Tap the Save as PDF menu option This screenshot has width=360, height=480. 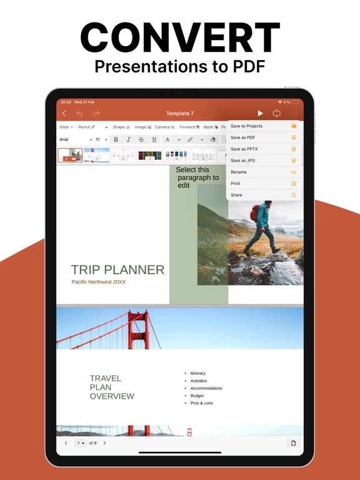coord(244,137)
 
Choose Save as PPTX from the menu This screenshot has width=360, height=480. coord(245,149)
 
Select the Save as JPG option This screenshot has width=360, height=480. coord(244,161)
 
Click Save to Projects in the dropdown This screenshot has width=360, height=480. coord(247,126)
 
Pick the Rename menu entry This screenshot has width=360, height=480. coord(239,172)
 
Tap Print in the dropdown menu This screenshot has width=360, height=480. coord(236,184)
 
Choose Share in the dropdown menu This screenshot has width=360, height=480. coord(237,195)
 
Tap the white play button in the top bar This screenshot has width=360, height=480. coord(261,114)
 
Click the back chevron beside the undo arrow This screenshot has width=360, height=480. coord(64,114)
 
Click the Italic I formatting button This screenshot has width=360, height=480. coord(129,140)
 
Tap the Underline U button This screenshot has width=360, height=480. coord(154,140)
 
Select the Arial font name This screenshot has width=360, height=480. coord(64,140)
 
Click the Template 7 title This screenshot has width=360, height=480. coord(180,114)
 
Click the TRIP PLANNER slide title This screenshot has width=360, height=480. coord(117,270)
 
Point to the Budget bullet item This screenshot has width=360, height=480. coord(197,396)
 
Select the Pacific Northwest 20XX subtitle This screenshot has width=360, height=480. coord(99,282)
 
